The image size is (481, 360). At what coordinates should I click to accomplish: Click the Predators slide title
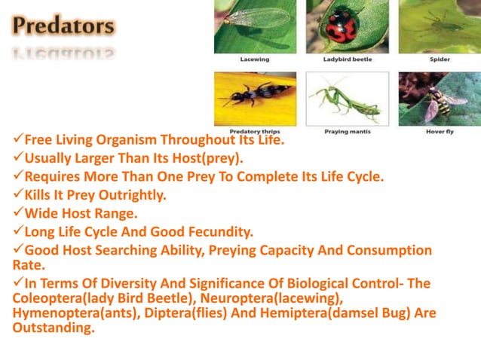click(x=63, y=26)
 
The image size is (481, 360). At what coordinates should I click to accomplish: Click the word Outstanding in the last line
click(x=53, y=328)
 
